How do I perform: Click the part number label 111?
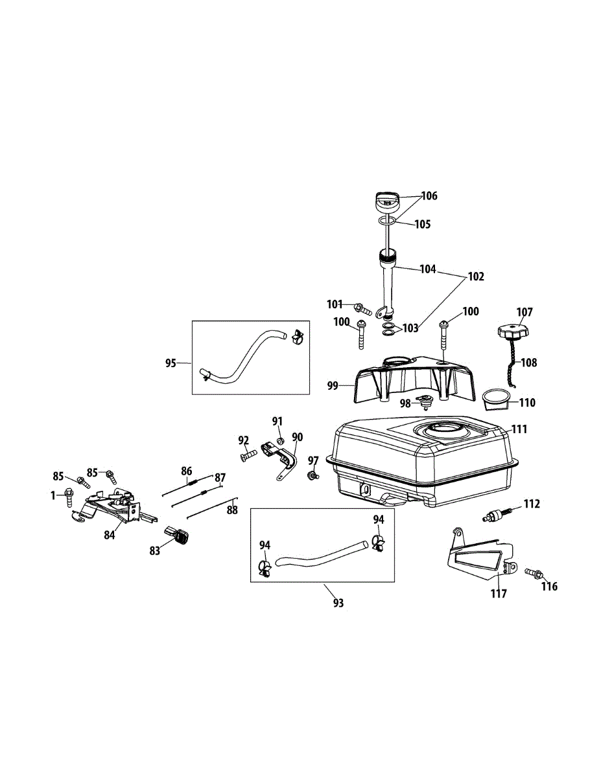click(519, 429)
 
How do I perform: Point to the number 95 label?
click(171, 363)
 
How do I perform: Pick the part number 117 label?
click(499, 592)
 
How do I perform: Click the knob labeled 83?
click(178, 535)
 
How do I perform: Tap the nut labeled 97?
click(312, 477)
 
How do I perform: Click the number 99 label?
click(332, 386)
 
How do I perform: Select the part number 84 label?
click(108, 535)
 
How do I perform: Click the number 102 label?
click(475, 276)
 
